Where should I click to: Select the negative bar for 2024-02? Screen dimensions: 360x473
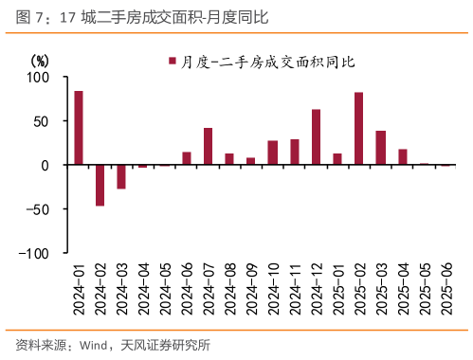100,185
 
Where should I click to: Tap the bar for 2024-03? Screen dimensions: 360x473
121,176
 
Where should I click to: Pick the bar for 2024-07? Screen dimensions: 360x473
208,146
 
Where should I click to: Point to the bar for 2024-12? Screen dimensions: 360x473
316,136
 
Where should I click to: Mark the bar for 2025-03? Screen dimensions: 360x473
381,148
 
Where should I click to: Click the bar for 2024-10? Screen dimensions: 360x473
273,153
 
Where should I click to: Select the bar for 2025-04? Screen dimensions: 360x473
403,157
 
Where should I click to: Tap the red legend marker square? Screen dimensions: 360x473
173,63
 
